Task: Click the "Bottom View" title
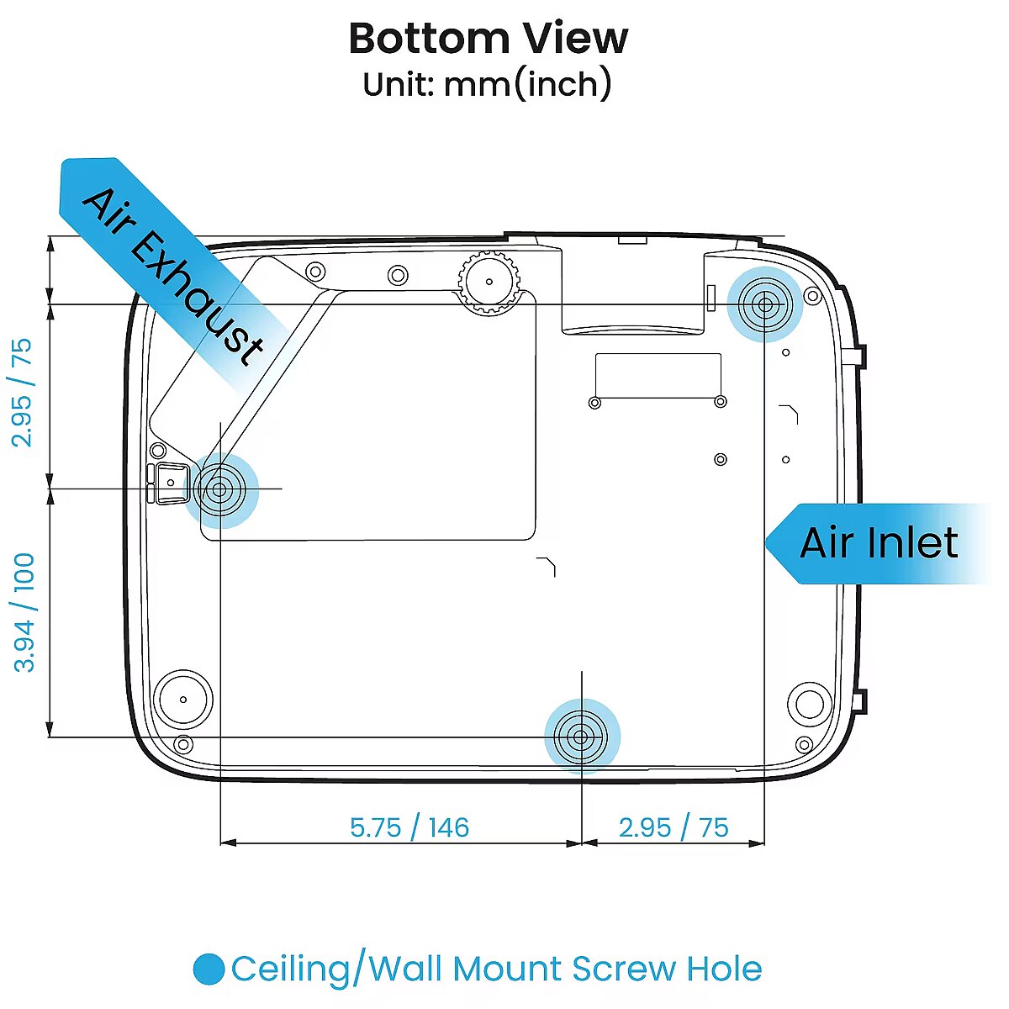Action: [488, 38]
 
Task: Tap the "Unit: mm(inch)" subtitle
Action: [488, 84]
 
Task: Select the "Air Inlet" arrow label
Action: [879, 543]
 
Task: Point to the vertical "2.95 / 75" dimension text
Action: [22, 393]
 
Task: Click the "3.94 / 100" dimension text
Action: [24, 613]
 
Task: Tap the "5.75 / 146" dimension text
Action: [409, 827]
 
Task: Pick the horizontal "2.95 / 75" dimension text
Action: [674, 827]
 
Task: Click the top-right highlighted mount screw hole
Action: [764, 304]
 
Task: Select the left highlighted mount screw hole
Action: [220, 490]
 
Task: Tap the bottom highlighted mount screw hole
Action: [581, 737]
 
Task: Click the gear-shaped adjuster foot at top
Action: [489, 282]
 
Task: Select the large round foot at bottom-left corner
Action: [183, 699]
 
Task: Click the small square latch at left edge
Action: [171, 483]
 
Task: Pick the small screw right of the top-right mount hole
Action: [812, 296]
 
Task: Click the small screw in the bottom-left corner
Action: [183, 744]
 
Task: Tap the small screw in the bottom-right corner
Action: [804, 745]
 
